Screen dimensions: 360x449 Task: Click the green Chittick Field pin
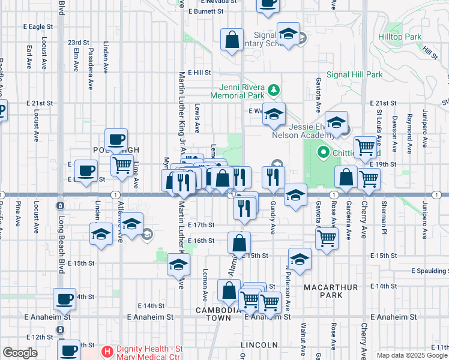tap(325, 152)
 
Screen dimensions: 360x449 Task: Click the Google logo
tap(20, 352)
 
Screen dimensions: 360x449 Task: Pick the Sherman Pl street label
tap(381, 209)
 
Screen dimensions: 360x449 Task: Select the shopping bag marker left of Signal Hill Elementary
tap(232, 41)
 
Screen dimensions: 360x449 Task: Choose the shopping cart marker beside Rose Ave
tap(327, 238)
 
